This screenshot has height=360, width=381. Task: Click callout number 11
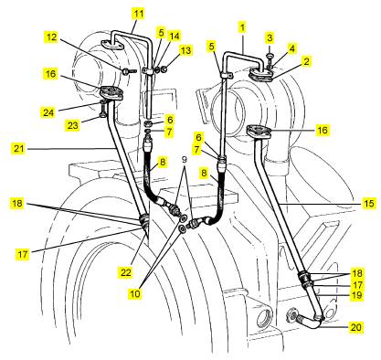(x=138, y=14)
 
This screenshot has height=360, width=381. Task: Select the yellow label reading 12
(x=51, y=37)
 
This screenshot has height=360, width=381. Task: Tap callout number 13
(x=185, y=50)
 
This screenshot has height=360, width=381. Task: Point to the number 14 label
(x=175, y=36)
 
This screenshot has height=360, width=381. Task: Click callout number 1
(x=242, y=27)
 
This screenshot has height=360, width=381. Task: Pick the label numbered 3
(x=270, y=38)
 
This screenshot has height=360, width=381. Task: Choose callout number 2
(x=306, y=61)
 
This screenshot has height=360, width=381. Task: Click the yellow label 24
(x=48, y=112)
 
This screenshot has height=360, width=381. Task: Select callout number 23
(x=72, y=125)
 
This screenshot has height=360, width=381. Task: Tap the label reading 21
(x=18, y=149)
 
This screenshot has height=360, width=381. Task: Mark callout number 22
(x=126, y=272)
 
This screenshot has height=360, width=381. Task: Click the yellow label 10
(x=135, y=293)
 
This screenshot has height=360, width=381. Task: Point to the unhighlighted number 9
(x=185, y=159)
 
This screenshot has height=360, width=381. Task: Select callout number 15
(x=369, y=203)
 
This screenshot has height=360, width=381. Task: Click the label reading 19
(x=356, y=295)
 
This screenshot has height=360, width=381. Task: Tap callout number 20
(x=355, y=327)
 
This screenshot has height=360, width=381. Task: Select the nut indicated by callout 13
(x=164, y=69)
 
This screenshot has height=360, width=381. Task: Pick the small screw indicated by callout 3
(x=270, y=57)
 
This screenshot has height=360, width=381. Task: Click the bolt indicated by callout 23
(x=102, y=110)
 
